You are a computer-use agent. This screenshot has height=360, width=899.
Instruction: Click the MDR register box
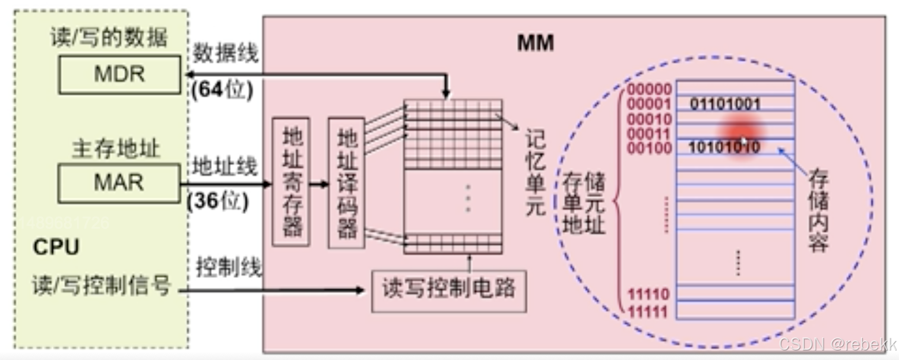coord(119,75)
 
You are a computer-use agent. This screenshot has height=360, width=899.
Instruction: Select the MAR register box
coord(119,183)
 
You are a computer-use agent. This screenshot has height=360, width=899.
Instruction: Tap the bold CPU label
coord(56,247)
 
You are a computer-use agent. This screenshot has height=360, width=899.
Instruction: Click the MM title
coord(535,43)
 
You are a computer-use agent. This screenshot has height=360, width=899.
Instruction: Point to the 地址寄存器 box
coord(291,182)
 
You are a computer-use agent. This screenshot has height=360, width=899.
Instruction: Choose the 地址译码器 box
coord(346,183)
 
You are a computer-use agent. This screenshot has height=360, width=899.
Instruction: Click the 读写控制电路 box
coord(448,290)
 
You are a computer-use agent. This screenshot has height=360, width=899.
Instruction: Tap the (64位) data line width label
coord(222,90)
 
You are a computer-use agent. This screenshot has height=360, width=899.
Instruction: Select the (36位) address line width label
coord(219,202)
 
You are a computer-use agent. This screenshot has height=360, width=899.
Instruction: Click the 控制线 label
coord(229,269)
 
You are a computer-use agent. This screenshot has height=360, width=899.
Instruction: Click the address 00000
coord(649,90)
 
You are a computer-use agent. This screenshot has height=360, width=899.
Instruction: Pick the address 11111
coord(647,312)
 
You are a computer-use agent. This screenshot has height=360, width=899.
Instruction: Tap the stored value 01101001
coord(725,105)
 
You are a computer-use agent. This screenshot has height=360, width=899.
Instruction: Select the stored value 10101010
coord(725,147)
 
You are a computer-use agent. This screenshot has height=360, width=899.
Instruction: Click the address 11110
coord(647,295)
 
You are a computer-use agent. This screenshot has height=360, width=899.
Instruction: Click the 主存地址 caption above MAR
coord(116,149)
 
